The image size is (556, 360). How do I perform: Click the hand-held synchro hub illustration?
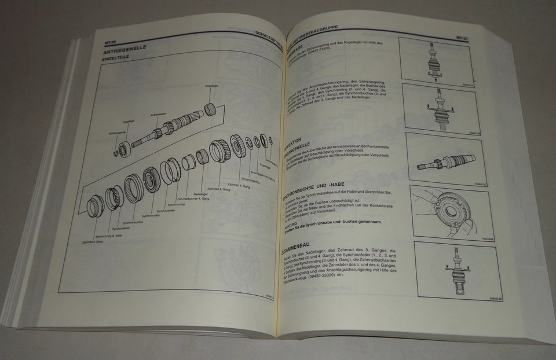click(449, 212)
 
